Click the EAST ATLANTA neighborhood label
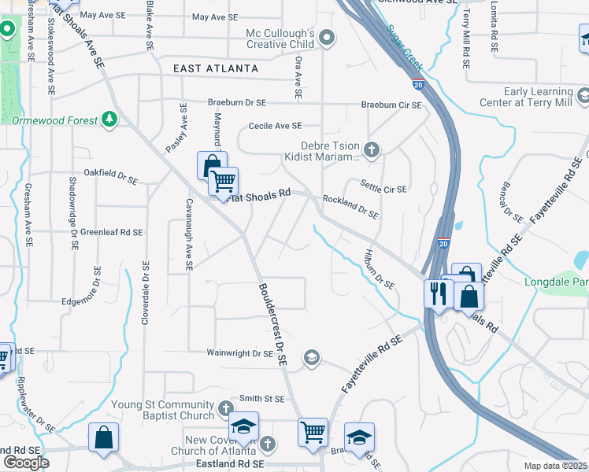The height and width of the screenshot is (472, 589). (x=216, y=68)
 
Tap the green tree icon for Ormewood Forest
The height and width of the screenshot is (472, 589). (x=110, y=120)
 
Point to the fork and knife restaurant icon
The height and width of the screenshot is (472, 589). (x=436, y=293)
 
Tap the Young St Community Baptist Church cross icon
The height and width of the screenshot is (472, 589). (x=226, y=409)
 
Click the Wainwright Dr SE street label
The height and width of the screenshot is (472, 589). (x=240, y=354)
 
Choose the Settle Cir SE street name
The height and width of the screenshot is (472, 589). (x=383, y=189)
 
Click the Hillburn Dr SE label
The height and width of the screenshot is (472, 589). (x=379, y=269)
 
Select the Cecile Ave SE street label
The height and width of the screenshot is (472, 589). (x=275, y=126)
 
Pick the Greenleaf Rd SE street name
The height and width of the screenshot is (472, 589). (x=111, y=232)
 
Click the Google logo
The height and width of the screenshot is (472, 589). (x=26, y=462)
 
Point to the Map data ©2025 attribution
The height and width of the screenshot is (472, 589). (x=555, y=466)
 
